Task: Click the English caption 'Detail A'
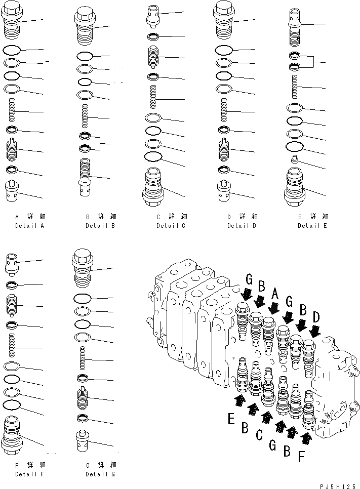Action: pyautogui.click(x=29, y=226)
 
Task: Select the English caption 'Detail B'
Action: pyautogui.click(x=100, y=226)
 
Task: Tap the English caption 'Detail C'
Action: pyautogui.click(x=171, y=226)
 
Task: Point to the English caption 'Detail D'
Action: pyautogui.click(x=242, y=226)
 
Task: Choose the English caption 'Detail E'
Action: pyautogui.click(x=312, y=226)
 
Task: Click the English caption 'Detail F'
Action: pyautogui.click(x=29, y=474)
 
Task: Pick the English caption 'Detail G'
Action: pyautogui.click(x=100, y=474)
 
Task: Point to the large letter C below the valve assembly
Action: pyautogui.click(x=259, y=434)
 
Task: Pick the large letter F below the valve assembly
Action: pyautogui.click(x=301, y=457)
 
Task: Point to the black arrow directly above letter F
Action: pyautogui.click(x=306, y=436)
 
